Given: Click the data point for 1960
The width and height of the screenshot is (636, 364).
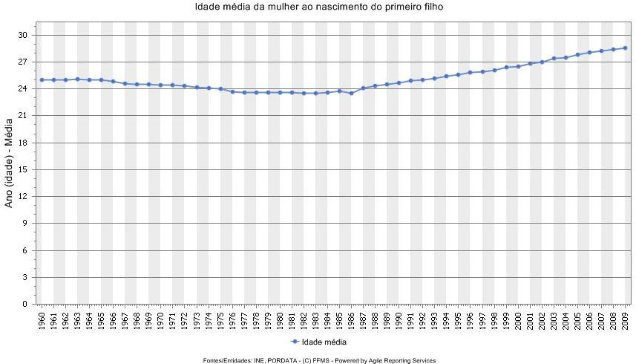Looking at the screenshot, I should pos(42,79).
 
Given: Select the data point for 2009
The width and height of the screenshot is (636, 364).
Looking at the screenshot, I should pos(625,48).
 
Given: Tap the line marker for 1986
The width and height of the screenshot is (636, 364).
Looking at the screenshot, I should pos(351,93).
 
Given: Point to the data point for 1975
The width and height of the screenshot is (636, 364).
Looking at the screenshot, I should pos(220,89).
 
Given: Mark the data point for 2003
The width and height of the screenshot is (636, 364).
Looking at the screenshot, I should pos(554,58).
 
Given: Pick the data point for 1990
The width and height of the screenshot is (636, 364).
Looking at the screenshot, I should pos(399,82).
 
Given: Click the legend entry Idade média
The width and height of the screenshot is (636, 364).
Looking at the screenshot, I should pos(324,342).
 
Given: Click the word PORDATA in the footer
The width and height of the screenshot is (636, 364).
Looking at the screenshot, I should pos(282,360).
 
